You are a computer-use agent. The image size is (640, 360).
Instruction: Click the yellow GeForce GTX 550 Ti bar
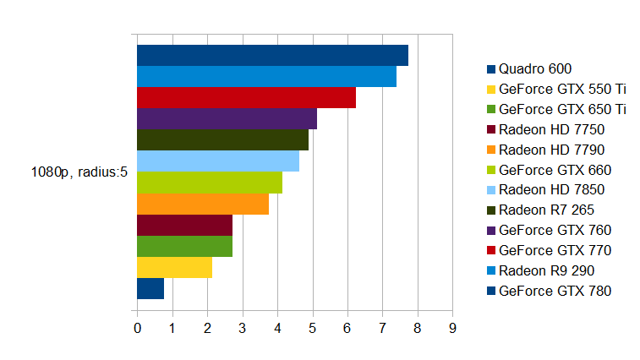click(174, 267)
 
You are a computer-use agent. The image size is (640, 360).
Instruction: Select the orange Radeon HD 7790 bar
click(203, 204)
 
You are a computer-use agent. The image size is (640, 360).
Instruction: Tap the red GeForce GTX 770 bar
click(246, 97)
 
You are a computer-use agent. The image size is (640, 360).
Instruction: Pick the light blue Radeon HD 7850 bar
click(218, 161)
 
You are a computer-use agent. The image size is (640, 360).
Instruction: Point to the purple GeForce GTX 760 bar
click(227, 118)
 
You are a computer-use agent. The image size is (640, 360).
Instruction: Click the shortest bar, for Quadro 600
click(150, 288)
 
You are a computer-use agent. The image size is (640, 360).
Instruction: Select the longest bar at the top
click(272, 55)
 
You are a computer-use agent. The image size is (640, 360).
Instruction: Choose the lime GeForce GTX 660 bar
click(210, 183)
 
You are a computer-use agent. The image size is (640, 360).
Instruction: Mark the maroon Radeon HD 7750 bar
click(184, 225)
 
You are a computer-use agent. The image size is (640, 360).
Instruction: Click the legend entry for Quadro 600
click(534, 68)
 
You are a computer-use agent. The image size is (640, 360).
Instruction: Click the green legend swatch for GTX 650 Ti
click(491, 109)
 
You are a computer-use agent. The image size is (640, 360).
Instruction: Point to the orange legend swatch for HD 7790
click(491, 150)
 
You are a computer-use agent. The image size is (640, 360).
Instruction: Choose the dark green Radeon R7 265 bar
click(222, 139)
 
